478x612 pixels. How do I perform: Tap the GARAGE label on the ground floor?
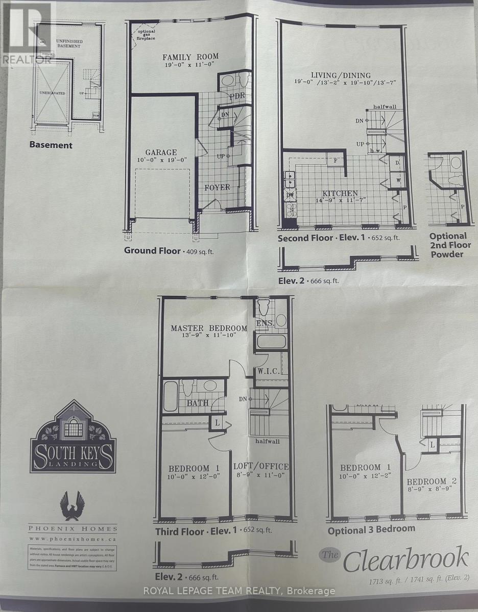point(161,152)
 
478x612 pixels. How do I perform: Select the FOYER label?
point(218,187)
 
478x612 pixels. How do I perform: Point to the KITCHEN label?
point(340,193)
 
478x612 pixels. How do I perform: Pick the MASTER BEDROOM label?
point(209,328)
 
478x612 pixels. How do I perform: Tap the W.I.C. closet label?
point(269,371)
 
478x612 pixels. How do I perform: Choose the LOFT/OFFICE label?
point(261,466)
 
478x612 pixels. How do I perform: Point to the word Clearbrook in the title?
point(405,559)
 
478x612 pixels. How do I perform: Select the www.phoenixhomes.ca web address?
point(73,538)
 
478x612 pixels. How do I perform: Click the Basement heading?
point(51,145)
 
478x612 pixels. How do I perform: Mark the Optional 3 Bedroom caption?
point(371,529)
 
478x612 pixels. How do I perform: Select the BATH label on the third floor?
point(198,403)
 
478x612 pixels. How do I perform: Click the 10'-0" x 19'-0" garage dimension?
point(161,160)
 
